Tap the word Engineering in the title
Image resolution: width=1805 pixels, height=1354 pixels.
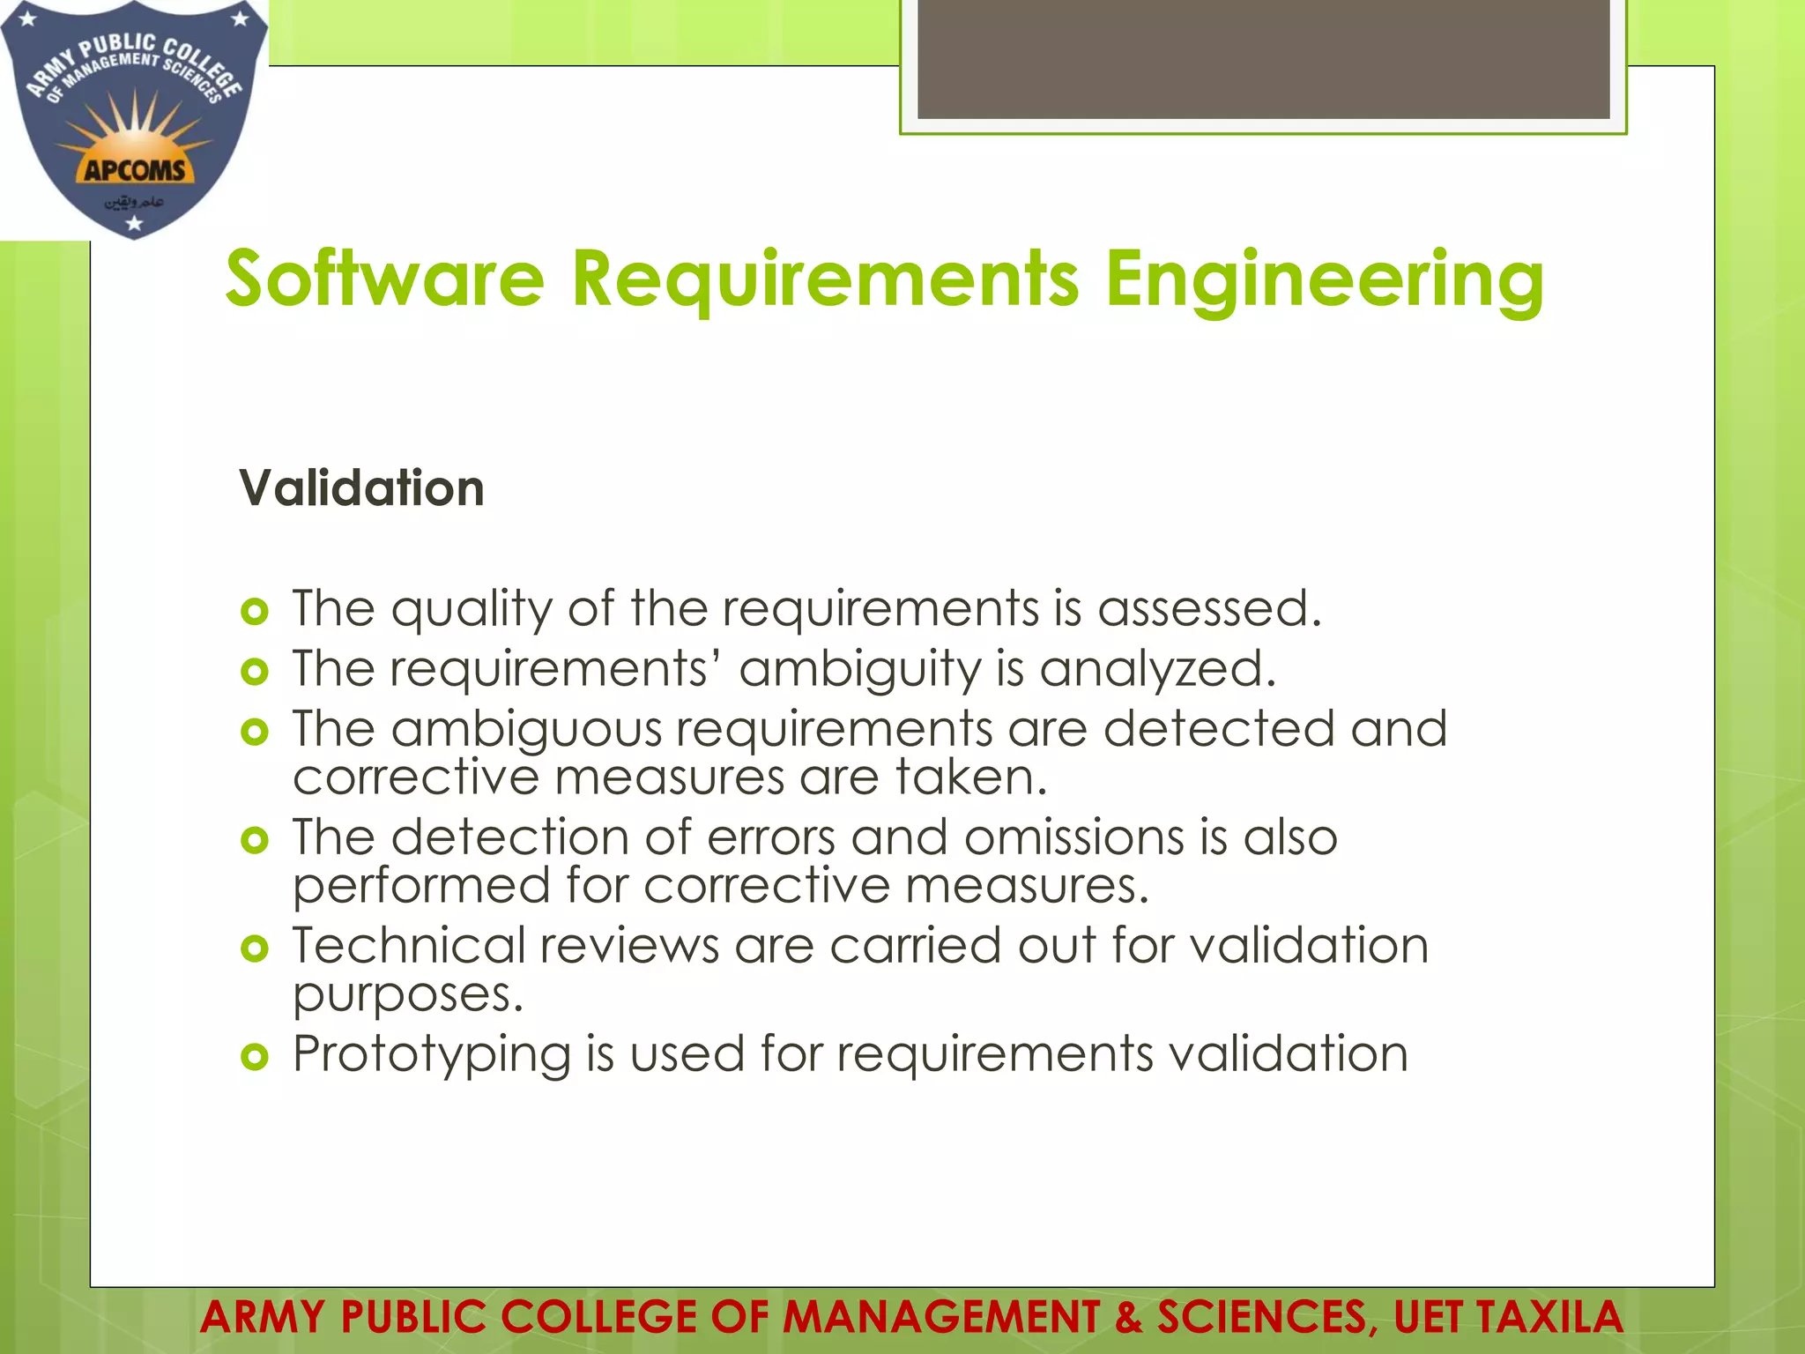point(1324,280)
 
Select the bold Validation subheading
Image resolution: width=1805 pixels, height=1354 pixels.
point(361,488)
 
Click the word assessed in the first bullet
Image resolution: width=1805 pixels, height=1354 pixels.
point(1209,609)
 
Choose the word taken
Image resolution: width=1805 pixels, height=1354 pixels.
point(971,777)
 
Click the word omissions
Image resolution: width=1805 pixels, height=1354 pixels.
point(1073,837)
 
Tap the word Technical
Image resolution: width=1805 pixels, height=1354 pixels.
point(409,946)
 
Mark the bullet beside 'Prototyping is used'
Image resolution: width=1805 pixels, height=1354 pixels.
point(254,1056)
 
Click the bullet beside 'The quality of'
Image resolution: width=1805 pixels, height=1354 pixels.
point(254,611)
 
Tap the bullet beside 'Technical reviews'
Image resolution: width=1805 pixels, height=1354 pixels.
point(254,949)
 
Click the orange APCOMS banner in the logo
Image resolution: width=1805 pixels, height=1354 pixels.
point(135,169)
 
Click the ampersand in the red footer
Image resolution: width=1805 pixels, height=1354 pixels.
point(1127,1318)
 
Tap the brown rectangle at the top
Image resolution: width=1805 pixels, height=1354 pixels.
point(1263,58)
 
